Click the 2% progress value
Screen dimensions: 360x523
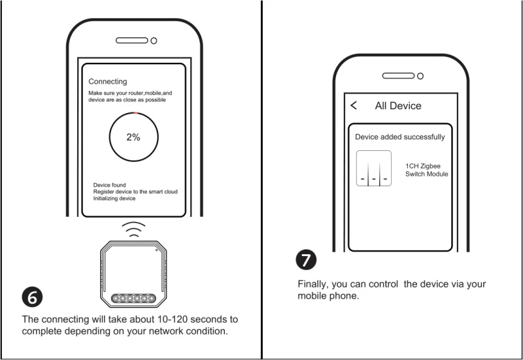tap(133, 137)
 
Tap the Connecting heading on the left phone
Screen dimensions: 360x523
tap(108, 82)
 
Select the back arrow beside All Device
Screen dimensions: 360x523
tap(354, 105)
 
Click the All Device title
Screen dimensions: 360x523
tap(398, 106)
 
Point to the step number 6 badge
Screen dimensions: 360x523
tap(33, 297)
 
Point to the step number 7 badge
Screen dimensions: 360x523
tap(307, 259)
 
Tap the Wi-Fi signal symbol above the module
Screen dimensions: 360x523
tap(134, 230)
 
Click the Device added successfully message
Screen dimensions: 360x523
tap(400, 137)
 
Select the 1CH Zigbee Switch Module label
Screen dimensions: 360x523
tap(427, 171)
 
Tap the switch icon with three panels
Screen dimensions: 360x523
tap(374, 169)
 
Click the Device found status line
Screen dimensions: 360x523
tap(110, 186)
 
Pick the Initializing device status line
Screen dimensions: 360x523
tap(114, 199)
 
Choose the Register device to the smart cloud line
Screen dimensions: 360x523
tap(135, 192)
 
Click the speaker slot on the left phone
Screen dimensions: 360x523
tap(131, 40)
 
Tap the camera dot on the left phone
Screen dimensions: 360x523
tap(154, 40)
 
